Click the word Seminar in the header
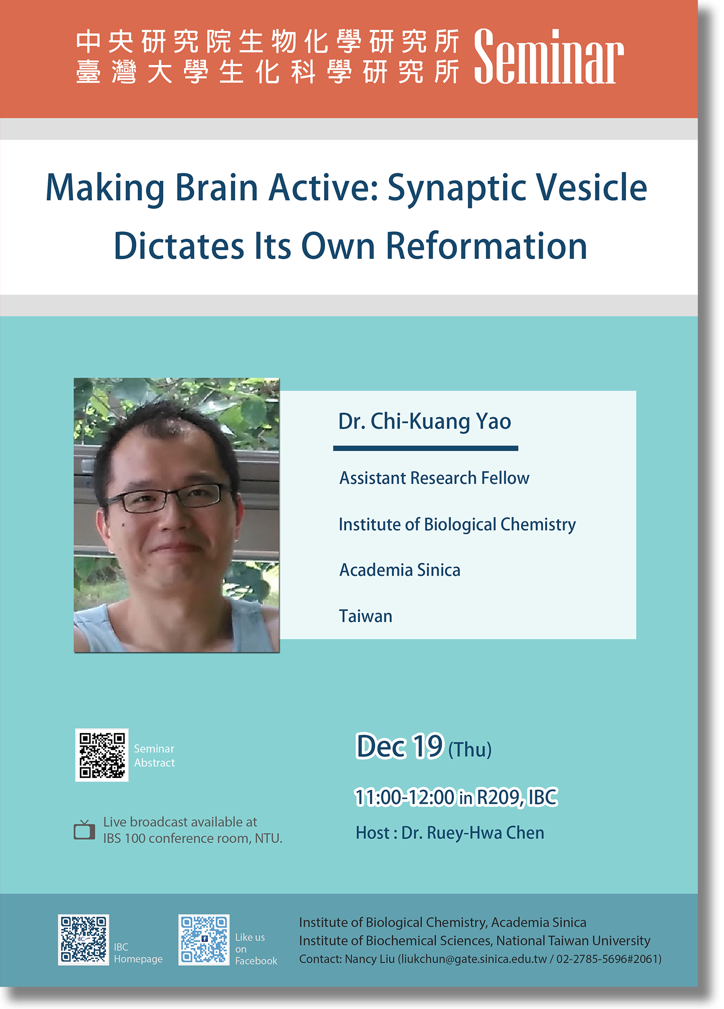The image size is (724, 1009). click(549, 56)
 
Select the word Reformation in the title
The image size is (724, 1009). click(486, 246)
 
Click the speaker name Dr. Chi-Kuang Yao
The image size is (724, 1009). click(425, 422)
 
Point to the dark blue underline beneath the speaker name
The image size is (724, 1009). click(426, 448)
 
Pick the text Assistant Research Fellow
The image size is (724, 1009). click(434, 478)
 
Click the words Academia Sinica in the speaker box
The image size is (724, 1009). click(400, 570)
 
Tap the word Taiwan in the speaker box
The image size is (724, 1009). click(366, 616)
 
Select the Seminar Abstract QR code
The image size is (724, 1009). click(102, 755)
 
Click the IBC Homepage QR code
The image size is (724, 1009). click(83, 940)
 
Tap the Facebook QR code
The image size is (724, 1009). click(204, 940)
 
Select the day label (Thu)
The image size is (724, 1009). click(470, 750)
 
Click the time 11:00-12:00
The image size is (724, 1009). click(404, 797)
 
